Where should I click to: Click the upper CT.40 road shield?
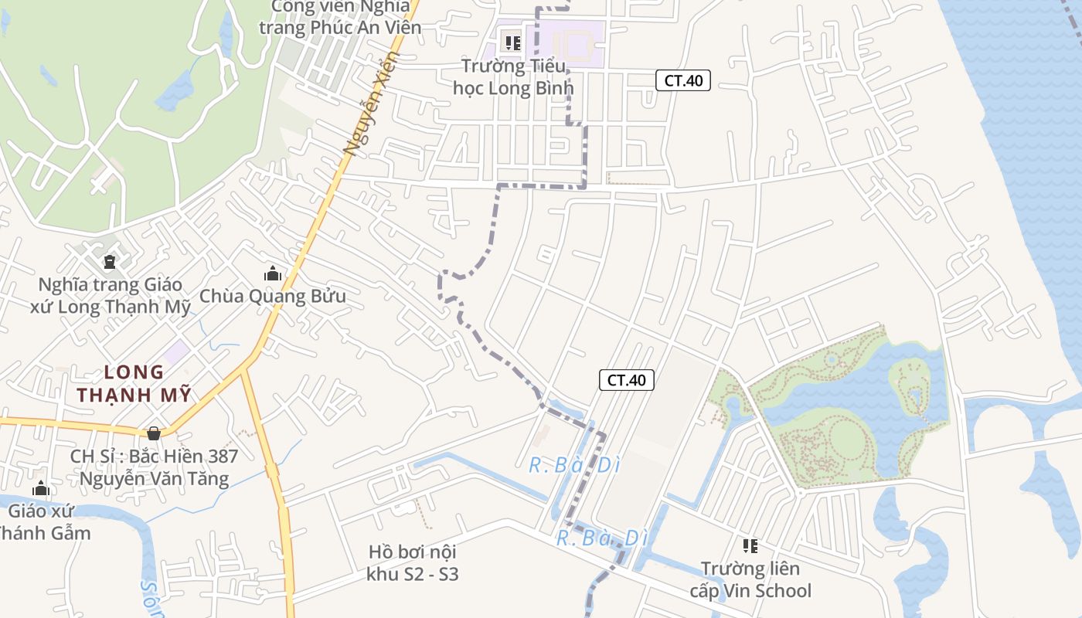click(x=683, y=80)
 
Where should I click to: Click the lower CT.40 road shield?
click(x=627, y=379)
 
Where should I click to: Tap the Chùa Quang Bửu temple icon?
click(x=272, y=273)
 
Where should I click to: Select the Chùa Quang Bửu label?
click(x=273, y=296)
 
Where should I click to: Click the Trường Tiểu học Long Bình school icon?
click(x=512, y=42)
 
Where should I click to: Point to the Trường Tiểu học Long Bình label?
click(x=513, y=77)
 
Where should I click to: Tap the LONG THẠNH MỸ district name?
click(x=133, y=384)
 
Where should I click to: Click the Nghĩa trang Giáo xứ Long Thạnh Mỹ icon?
click(x=109, y=262)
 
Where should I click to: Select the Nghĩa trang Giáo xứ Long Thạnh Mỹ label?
click(x=110, y=296)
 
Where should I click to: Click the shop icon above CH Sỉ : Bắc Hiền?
click(x=154, y=433)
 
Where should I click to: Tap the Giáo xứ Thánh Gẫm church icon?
click(x=41, y=488)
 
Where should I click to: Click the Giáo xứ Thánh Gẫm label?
click(x=43, y=522)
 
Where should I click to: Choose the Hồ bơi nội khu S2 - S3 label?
click(x=413, y=563)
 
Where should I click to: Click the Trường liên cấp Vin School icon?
click(x=750, y=546)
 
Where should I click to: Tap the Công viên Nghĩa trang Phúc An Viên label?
click(x=340, y=17)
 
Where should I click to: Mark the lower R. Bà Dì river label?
click(x=602, y=538)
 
